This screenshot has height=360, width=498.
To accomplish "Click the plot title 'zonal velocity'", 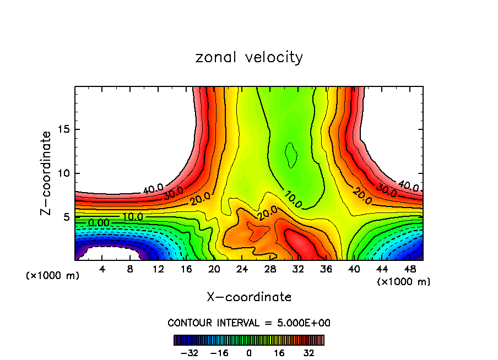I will (x=249, y=57).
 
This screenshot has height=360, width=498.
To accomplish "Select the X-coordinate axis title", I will (x=249, y=297).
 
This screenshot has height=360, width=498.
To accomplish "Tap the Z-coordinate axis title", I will (x=47, y=173).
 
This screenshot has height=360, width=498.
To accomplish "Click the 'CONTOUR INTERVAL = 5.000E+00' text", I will (x=249, y=323).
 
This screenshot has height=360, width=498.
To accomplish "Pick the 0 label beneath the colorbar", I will (x=249, y=353).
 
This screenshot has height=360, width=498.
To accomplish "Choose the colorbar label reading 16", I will (x=279, y=353).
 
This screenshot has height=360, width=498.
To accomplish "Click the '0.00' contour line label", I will (x=99, y=222).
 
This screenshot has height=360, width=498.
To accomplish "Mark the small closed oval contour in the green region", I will (x=290, y=155).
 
